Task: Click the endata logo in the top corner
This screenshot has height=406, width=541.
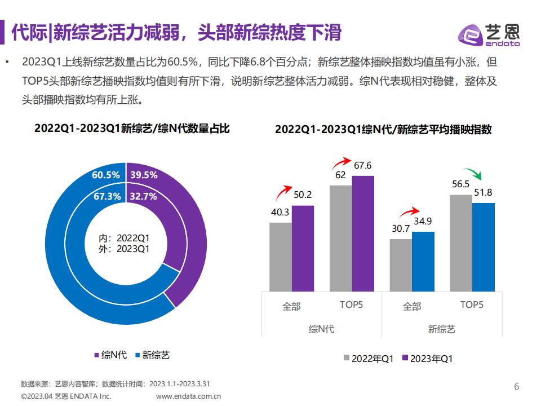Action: pyautogui.click(x=489, y=34)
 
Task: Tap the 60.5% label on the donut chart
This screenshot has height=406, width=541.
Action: pyautogui.click(x=105, y=175)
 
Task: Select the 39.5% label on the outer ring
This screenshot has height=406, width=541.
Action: pyautogui.click(x=144, y=175)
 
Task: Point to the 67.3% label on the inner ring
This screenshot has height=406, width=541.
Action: pyautogui.click(x=107, y=196)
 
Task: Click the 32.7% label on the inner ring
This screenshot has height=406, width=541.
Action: pyautogui.click(x=143, y=196)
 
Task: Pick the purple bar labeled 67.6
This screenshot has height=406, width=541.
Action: pyautogui.click(x=363, y=233)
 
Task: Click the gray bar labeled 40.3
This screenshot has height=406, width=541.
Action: pyautogui.click(x=281, y=257)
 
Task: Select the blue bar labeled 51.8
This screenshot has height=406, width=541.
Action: pyautogui.click(x=484, y=247)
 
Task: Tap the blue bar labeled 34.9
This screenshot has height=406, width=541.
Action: pyautogui.click(x=423, y=262)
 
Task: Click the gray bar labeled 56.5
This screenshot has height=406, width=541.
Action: pyautogui.click(x=461, y=244)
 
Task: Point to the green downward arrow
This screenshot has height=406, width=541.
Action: pyautogui.click(x=473, y=173)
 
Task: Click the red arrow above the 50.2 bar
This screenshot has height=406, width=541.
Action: pyautogui.click(x=282, y=192)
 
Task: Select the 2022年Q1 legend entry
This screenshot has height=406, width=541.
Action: pyautogui.click(x=369, y=359)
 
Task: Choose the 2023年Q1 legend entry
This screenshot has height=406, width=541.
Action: pyautogui.click(x=428, y=359)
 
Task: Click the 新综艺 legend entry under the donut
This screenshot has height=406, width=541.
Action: pyautogui.click(x=153, y=355)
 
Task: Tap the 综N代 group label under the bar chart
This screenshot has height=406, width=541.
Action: pyautogui.click(x=322, y=329)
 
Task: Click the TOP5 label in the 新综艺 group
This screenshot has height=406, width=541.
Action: pyautogui.click(x=472, y=304)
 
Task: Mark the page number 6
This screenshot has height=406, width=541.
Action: pyautogui.click(x=517, y=386)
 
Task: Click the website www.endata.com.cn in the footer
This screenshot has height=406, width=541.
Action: pyautogui.click(x=188, y=396)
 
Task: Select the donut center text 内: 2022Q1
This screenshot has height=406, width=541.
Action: pyautogui.click(x=124, y=238)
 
